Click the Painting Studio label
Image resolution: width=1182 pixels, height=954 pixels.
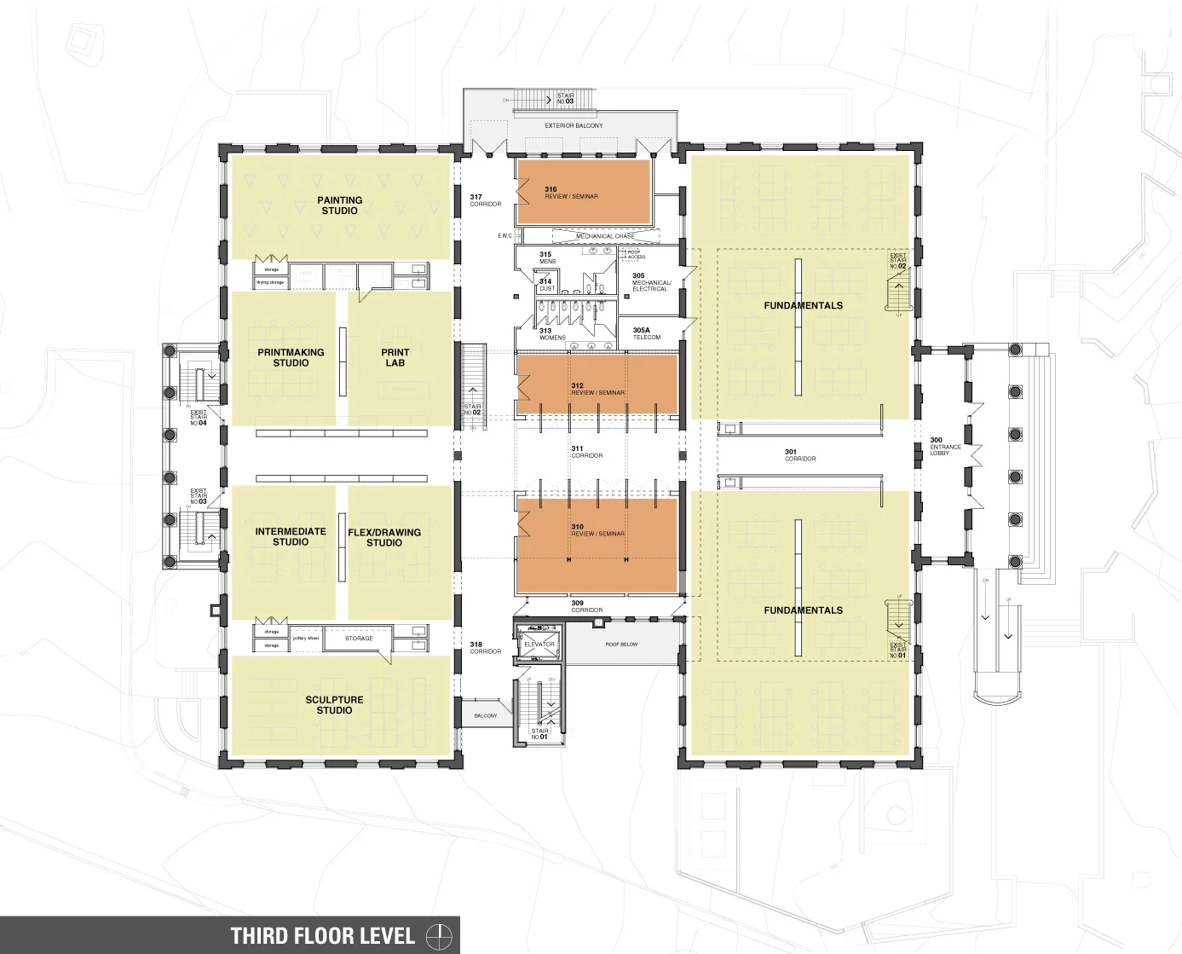(x=340, y=205)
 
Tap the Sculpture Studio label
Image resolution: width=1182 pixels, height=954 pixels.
(x=334, y=705)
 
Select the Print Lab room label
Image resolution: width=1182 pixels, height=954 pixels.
(x=395, y=357)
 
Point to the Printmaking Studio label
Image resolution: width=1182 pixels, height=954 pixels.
(x=291, y=357)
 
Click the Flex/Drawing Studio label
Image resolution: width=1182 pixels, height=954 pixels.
(x=384, y=537)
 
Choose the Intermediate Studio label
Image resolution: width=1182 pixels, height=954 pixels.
(x=291, y=536)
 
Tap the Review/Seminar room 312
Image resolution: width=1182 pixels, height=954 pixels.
(x=597, y=389)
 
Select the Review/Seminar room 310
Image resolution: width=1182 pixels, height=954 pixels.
(x=597, y=530)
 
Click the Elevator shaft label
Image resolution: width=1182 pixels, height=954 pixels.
(x=539, y=645)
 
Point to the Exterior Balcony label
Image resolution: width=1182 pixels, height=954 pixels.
(x=574, y=125)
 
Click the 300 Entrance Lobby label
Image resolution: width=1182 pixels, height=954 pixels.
(x=944, y=447)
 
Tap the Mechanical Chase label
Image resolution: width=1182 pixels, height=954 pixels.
(x=605, y=236)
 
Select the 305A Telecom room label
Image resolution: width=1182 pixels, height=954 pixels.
(x=646, y=333)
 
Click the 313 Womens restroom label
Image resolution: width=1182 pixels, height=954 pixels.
(x=551, y=334)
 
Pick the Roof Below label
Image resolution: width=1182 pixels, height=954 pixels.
(x=621, y=645)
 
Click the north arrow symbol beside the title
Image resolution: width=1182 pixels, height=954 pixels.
(x=439, y=935)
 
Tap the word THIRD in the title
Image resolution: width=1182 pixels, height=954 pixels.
(x=259, y=936)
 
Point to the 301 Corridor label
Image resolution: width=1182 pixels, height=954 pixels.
(x=799, y=455)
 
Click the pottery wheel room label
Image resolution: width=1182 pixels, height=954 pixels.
(x=305, y=638)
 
